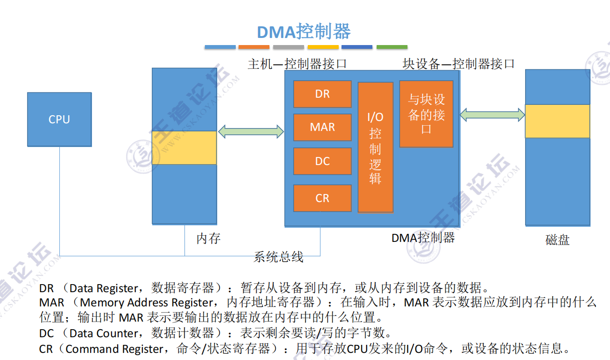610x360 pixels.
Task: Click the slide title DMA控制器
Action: click(304, 32)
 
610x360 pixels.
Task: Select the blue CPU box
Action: click(59, 119)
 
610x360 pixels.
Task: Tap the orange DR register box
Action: click(322, 94)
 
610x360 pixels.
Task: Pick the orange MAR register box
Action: click(322, 127)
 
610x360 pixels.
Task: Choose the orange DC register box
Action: click(322, 161)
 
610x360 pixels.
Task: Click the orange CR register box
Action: click(322, 198)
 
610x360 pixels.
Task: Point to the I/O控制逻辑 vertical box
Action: click(375, 147)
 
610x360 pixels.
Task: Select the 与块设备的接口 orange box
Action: click(426, 114)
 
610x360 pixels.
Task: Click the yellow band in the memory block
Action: click(184, 148)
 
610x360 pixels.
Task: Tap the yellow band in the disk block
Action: click(557, 121)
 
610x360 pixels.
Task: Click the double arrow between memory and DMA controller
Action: click(251, 131)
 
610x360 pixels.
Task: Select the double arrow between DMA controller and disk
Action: click(492, 114)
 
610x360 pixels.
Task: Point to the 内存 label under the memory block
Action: click(208, 238)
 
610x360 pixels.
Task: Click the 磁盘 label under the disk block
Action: click(557, 240)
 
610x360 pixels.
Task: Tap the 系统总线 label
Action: click(278, 257)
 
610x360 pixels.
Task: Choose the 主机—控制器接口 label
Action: click(297, 64)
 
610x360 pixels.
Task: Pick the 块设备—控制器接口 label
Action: click(458, 64)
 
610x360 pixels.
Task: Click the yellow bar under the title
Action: click(323, 47)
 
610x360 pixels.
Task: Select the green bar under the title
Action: click(392, 47)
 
